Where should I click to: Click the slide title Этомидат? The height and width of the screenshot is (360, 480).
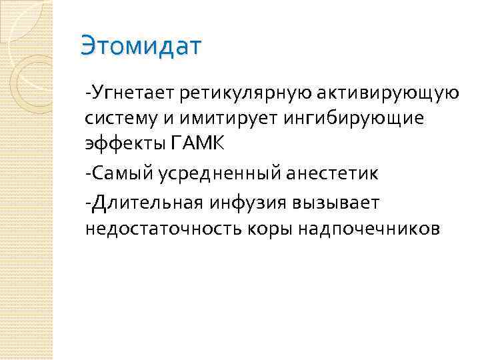140,46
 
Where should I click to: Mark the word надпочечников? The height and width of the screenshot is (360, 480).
369,229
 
